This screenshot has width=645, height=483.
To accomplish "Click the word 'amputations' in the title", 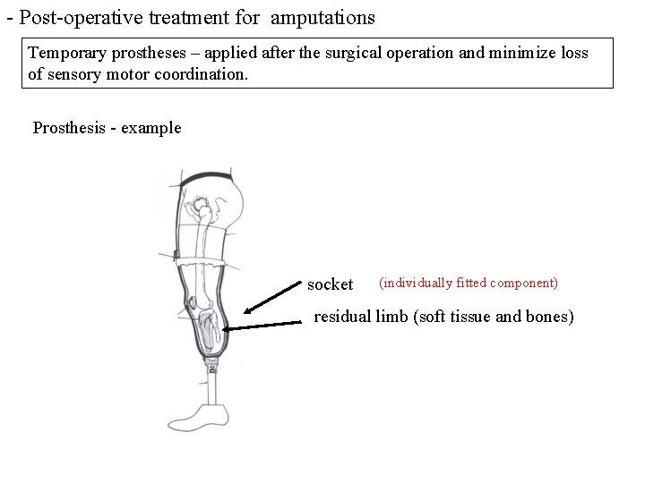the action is (322, 17).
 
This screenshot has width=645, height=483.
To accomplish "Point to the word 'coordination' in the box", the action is (194, 74).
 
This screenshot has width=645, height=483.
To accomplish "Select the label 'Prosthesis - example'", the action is (107, 127).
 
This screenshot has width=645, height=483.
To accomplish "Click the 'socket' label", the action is (330, 284).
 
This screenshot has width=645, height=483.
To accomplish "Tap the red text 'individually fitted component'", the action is (468, 283).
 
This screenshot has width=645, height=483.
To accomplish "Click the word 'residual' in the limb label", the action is (343, 317).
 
